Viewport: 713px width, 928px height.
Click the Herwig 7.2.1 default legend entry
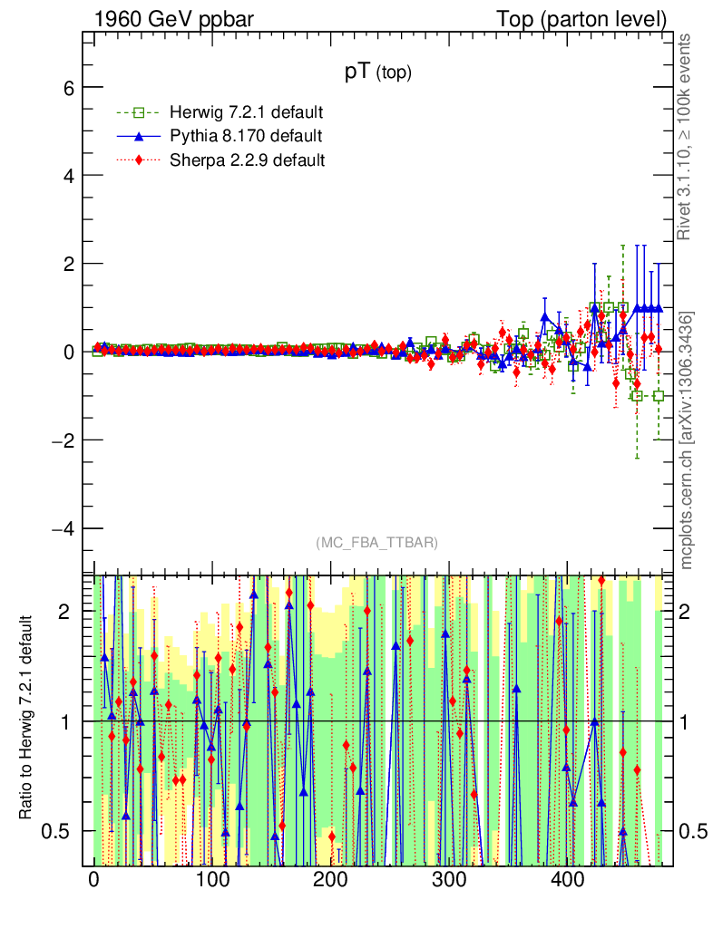tap(246, 113)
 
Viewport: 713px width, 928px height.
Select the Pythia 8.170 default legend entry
tap(245, 137)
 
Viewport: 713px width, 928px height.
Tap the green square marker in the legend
tap(139, 113)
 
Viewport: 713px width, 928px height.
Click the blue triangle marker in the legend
tap(139, 137)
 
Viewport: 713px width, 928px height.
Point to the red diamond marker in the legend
tap(139, 160)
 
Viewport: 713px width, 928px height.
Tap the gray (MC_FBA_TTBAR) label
tap(377, 543)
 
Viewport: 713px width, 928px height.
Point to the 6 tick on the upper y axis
tap(68, 87)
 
